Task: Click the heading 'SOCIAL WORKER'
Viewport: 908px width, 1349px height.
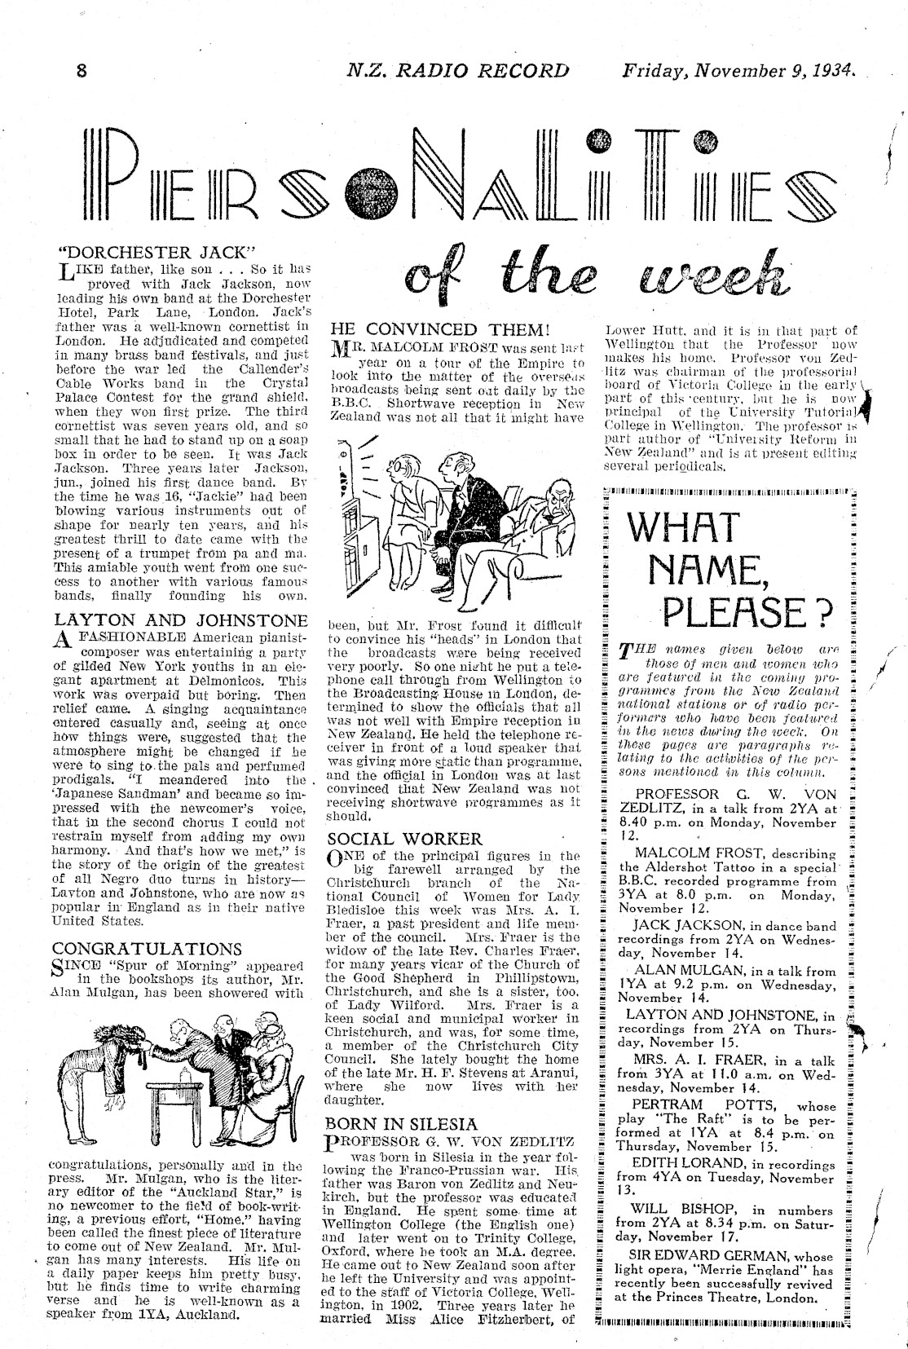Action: [405, 839]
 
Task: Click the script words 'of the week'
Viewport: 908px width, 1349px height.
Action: [592, 277]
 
